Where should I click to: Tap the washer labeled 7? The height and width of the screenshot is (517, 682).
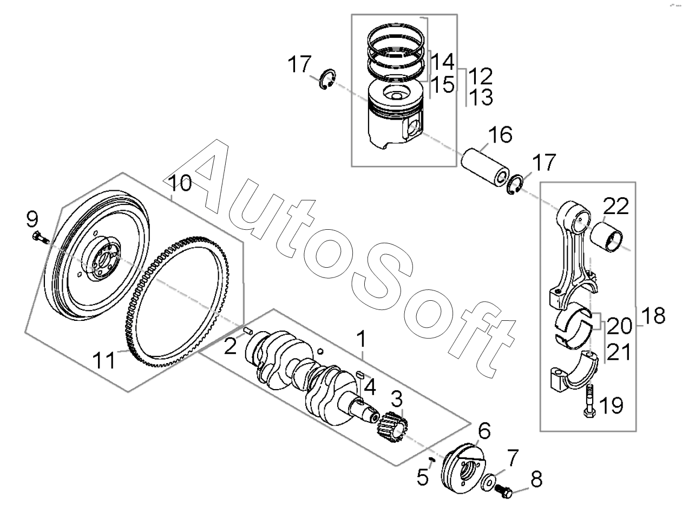pos(488,481)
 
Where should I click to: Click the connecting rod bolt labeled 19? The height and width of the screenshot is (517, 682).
pos(588,400)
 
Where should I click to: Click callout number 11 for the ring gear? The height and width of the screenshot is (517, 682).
pos(103,360)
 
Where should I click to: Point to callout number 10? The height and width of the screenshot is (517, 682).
pos(182,183)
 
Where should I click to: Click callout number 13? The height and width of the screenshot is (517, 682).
pos(481,98)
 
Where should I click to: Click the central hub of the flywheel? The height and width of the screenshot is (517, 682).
pos(101,261)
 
